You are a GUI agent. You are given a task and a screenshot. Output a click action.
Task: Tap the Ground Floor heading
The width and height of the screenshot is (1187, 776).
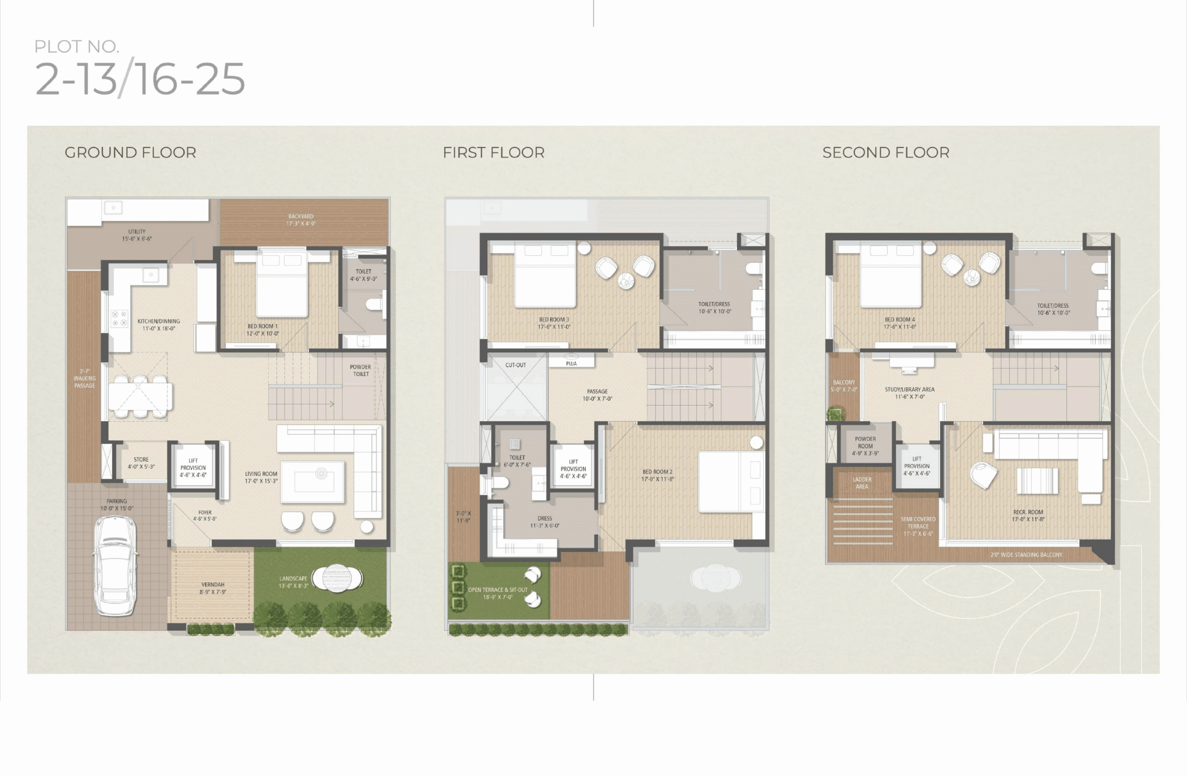pyautogui.click(x=131, y=153)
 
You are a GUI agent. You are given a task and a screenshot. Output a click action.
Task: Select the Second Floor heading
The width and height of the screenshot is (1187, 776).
pyautogui.click(x=886, y=153)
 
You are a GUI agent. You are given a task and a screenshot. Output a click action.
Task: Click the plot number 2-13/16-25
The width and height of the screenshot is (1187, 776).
pyautogui.click(x=140, y=79)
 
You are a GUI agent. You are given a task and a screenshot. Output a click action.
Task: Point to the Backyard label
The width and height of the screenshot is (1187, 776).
pyautogui.click(x=301, y=220)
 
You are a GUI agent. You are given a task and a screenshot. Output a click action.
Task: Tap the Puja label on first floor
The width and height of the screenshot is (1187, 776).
pyautogui.click(x=571, y=363)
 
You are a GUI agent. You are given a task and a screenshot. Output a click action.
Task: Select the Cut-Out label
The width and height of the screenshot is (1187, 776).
pyautogui.click(x=515, y=365)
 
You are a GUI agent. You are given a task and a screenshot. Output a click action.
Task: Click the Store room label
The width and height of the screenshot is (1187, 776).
pyautogui.click(x=141, y=463)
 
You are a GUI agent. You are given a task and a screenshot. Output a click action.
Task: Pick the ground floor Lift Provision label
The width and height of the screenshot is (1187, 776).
pyautogui.click(x=193, y=468)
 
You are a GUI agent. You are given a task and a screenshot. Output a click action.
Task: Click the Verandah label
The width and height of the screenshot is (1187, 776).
pyautogui.click(x=213, y=588)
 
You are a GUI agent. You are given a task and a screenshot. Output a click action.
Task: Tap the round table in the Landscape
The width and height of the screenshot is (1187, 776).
pyautogui.click(x=337, y=579)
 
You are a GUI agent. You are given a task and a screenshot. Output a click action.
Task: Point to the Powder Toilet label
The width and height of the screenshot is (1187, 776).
pyautogui.click(x=361, y=370)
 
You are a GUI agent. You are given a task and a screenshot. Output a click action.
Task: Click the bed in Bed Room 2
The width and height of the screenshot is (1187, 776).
pyautogui.click(x=732, y=482)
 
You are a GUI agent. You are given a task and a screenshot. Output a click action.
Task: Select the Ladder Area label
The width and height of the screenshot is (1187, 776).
pyautogui.click(x=862, y=483)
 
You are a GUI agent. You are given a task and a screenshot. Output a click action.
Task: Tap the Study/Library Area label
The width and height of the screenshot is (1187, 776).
pyautogui.click(x=910, y=393)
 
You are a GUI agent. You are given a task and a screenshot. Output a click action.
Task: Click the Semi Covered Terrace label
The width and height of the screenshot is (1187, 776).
pyautogui.click(x=918, y=526)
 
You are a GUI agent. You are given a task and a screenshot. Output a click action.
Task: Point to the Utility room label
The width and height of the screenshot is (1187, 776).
pyautogui.click(x=137, y=235)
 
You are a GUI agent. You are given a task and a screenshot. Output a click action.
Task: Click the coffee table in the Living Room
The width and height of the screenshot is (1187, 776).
pyautogui.click(x=313, y=482)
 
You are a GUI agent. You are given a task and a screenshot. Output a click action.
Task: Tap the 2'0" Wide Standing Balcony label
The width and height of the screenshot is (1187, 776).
pyautogui.click(x=1027, y=554)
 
